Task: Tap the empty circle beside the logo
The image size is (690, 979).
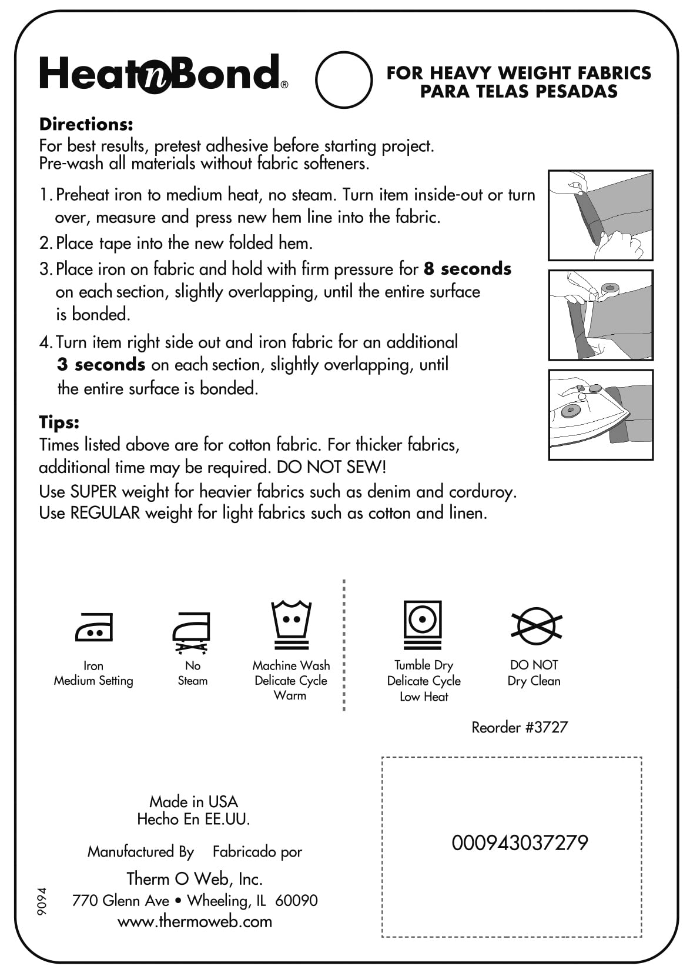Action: click(344, 79)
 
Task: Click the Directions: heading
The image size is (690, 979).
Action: click(86, 124)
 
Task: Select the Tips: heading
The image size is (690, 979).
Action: click(59, 422)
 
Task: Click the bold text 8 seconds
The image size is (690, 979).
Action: click(467, 269)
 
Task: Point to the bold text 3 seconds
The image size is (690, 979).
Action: click(101, 365)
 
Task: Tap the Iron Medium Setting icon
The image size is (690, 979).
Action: click(93, 627)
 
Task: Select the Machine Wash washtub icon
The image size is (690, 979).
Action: click(291, 625)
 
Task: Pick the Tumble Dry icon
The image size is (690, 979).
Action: click(423, 625)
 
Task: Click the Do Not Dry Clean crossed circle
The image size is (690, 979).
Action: click(536, 625)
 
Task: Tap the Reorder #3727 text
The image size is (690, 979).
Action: click(520, 727)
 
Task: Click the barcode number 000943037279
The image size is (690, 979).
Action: click(520, 843)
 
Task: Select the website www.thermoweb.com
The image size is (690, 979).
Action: click(195, 921)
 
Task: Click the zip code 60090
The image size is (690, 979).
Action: click(296, 900)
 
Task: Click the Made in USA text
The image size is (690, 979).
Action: click(193, 801)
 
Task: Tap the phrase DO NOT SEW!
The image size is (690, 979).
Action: click(331, 467)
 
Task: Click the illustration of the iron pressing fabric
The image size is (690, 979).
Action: click(600, 415)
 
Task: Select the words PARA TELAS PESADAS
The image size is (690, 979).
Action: click(518, 91)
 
